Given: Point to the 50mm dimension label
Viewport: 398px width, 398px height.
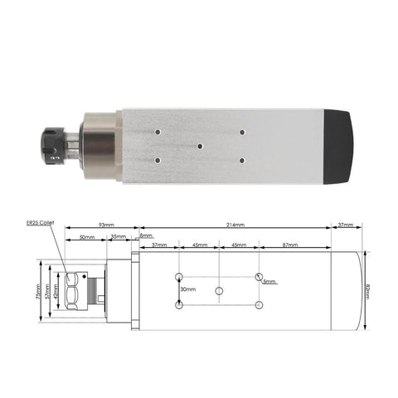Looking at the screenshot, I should [86, 237].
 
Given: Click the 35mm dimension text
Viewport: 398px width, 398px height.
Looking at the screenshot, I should [119, 237].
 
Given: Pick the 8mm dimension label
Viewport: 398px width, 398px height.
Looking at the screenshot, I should [146, 237].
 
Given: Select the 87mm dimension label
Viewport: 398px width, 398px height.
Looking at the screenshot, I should [290, 245].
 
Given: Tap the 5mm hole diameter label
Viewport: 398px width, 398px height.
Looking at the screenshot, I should [270, 282].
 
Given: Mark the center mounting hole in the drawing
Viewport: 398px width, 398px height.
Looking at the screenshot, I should [219, 291].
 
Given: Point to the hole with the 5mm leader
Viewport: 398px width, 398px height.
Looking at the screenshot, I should [259, 276].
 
